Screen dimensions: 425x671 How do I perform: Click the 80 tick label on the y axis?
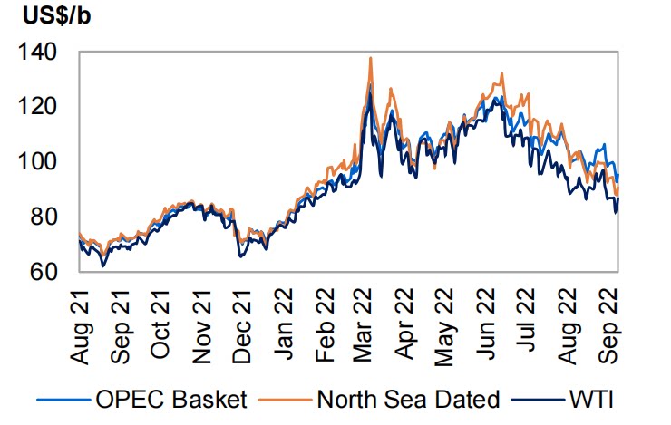[43, 217]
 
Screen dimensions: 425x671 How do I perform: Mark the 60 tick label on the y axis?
[43, 271]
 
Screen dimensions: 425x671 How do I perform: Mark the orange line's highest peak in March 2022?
[371, 59]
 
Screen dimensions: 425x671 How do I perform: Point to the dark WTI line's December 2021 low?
[240, 256]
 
